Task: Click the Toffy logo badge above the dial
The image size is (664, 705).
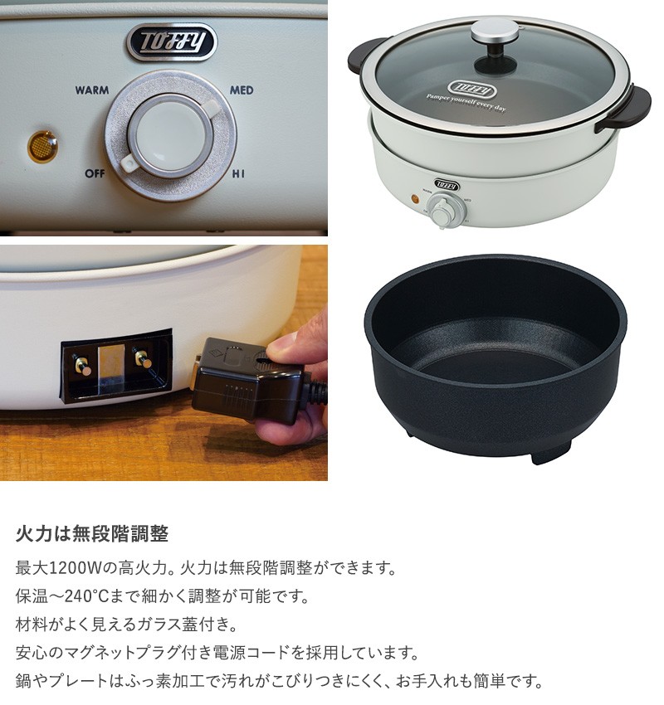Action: click(170, 41)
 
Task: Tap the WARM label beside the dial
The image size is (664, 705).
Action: click(92, 90)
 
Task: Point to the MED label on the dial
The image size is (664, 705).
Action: click(242, 90)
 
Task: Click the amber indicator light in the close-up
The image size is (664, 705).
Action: click(38, 146)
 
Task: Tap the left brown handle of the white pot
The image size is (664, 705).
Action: click(362, 56)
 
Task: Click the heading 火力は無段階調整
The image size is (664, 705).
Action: click(92, 532)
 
